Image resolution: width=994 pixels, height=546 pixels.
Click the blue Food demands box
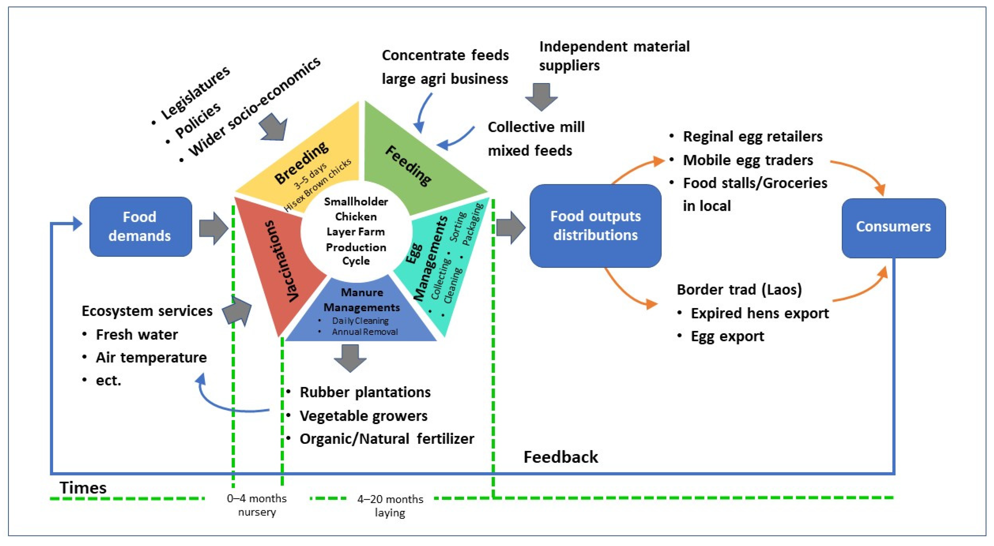141,227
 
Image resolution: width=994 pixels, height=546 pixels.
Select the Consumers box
893,227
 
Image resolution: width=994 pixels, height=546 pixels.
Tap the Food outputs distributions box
595,226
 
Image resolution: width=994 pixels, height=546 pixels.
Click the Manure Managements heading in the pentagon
362,300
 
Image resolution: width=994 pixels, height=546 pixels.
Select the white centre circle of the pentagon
355,231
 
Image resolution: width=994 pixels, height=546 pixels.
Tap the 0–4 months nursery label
257,505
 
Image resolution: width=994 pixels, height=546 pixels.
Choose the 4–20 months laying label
390,506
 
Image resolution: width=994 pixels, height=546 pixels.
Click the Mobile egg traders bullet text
748,160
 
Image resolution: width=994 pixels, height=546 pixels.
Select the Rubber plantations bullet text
365,393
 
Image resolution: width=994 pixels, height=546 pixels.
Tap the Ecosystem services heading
147,311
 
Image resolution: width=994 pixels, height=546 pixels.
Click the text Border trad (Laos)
739,290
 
